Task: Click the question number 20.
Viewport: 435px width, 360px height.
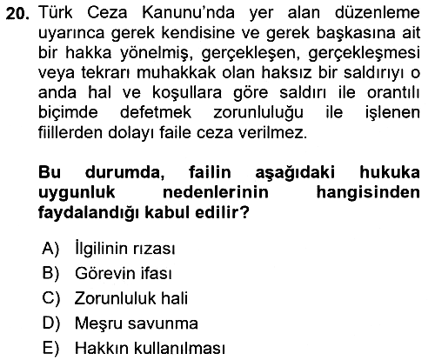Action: pos(17,14)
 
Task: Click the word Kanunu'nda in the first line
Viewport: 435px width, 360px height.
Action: pos(188,13)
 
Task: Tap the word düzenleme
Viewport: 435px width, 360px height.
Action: pos(378,13)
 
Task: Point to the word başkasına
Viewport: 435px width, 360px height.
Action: pos(356,33)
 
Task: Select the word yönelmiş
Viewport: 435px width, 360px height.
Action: pos(157,53)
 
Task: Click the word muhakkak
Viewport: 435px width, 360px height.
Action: pos(176,72)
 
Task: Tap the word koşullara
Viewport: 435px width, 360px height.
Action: pos(187,93)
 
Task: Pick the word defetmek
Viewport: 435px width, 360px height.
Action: pos(156,112)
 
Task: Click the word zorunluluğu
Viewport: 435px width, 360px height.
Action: pos(258,113)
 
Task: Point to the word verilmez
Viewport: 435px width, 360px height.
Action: pos(272,132)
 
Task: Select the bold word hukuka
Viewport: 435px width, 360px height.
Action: pos(390,172)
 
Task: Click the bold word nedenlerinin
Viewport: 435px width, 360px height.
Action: pos(216,192)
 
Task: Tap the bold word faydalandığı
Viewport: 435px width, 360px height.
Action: pos(89,213)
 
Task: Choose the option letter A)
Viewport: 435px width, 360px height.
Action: pos(50,249)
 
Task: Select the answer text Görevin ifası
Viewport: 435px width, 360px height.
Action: pos(124,273)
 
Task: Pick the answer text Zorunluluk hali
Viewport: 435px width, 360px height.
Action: pos(131,298)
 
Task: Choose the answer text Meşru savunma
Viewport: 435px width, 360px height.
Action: pos(137,323)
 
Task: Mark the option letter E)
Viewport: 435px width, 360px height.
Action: pos(50,348)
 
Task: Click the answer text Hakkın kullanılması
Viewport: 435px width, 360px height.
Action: pos(150,348)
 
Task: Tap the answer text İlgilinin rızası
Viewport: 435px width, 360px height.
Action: pos(125,249)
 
